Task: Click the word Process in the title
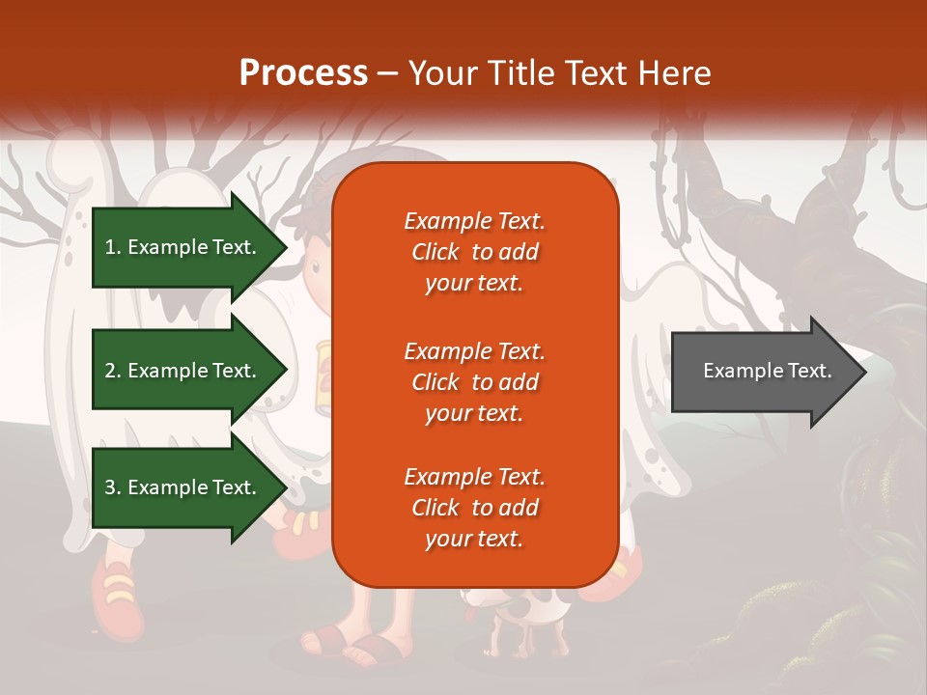[x=303, y=73]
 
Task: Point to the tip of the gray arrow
[x=863, y=372]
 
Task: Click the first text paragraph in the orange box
[x=474, y=252]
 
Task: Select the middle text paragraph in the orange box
[x=474, y=382]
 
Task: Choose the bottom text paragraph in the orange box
[x=474, y=508]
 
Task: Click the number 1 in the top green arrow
[x=109, y=247]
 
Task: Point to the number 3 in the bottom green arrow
[x=110, y=487]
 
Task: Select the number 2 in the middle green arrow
[x=110, y=371]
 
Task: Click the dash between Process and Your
[x=387, y=74]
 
